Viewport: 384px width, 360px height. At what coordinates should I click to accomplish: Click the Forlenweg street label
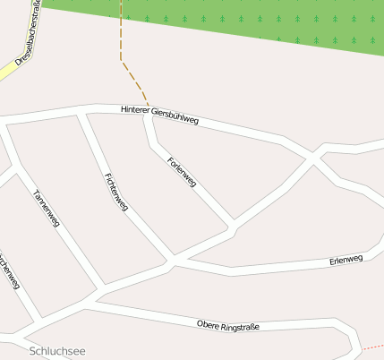[182, 171]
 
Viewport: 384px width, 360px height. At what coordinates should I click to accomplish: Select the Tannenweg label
[46, 208]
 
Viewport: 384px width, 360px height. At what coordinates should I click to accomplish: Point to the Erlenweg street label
[346, 260]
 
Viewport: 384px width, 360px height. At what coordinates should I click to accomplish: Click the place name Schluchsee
[56, 350]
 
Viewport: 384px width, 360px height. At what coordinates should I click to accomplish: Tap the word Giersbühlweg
[177, 116]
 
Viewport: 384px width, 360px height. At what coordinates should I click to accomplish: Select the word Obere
[208, 323]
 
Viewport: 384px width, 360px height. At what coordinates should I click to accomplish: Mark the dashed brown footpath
[121, 36]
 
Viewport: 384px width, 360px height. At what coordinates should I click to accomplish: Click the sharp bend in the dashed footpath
[121, 60]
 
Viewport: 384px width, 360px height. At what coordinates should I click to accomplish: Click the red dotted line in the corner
[371, 346]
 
